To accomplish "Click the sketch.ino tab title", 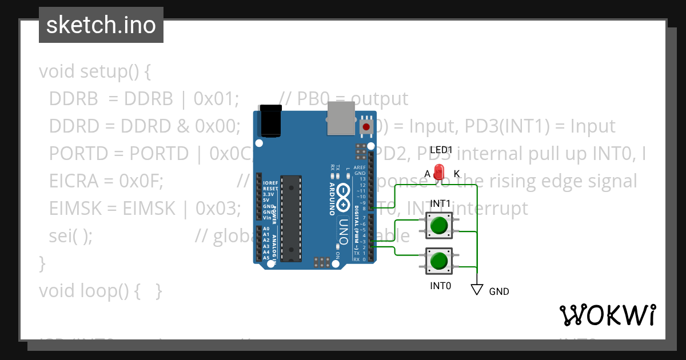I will coord(101,25).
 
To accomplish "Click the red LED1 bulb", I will coord(439,171).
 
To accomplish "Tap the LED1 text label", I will coord(441,150).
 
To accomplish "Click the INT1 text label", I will coord(440,203).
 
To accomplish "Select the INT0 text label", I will coord(440,285).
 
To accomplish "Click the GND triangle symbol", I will coord(477,290).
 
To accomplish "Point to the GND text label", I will coord(499,291).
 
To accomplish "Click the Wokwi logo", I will coord(607,314).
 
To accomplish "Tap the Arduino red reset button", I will coord(366,126).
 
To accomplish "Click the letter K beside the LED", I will coord(457,174).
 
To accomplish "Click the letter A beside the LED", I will coord(427,174).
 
